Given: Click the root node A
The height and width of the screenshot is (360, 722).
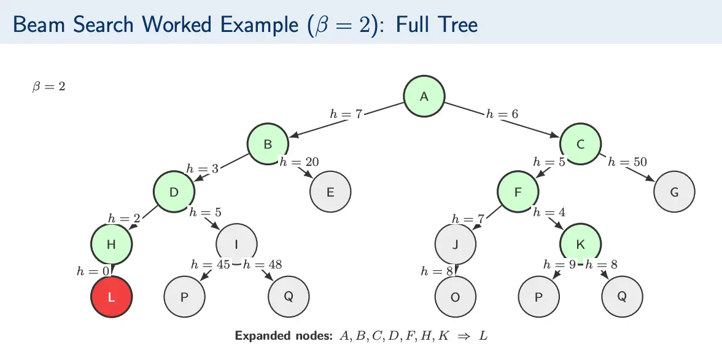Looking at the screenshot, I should (x=424, y=96).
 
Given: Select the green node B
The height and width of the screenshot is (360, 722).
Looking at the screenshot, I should (x=268, y=144).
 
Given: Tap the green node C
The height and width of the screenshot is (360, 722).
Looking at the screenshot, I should (x=580, y=144).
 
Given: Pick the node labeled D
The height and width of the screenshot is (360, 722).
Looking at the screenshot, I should (x=174, y=192).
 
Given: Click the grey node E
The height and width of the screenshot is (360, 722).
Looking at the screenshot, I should (x=330, y=192).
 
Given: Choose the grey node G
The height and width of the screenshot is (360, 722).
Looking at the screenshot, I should (x=674, y=192).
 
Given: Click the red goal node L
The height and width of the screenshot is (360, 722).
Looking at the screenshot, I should (x=111, y=297).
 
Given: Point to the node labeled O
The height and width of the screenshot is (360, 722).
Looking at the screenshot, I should (x=455, y=297).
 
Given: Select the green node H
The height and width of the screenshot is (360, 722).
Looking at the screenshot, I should (x=111, y=244).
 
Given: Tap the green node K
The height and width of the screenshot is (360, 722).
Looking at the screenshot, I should (x=580, y=244).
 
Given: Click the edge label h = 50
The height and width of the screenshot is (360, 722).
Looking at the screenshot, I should (x=627, y=162).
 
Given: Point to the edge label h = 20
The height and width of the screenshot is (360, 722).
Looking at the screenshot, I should (x=299, y=162).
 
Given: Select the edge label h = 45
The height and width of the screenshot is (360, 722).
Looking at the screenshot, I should (x=211, y=265).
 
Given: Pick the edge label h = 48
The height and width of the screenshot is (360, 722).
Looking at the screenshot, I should (x=263, y=265).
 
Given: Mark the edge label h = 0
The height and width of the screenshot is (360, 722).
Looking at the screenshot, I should (x=93, y=270).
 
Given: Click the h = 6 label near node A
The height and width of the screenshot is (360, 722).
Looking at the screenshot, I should (x=502, y=114).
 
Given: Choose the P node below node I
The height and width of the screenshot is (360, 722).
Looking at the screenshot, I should (x=184, y=297).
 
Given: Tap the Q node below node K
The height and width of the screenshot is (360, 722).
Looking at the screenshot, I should (x=622, y=297).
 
